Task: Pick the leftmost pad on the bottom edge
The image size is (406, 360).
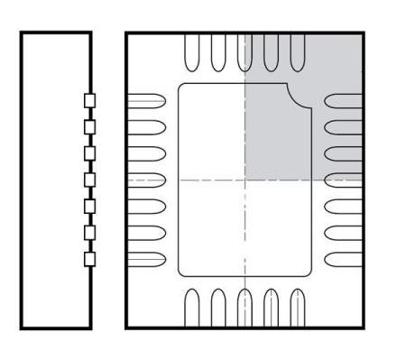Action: pyautogui.click(x=191, y=308)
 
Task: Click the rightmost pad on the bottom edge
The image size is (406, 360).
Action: pyautogui.click(x=296, y=308)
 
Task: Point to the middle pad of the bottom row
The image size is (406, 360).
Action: pyautogui.click(x=244, y=308)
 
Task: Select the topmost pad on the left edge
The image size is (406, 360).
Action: pyautogui.click(x=147, y=101)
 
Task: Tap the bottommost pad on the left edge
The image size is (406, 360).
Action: pyautogui.click(x=147, y=258)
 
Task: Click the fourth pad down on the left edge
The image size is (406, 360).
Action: pyautogui.click(x=147, y=180)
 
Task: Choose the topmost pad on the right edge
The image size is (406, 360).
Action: pyautogui.click(x=342, y=101)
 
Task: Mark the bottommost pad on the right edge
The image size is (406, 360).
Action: pyautogui.click(x=342, y=258)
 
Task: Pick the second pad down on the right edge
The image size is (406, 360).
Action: pyautogui.click(x=342, y=127)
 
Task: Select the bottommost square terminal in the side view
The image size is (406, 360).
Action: pyautogui.click(x=89, y=259)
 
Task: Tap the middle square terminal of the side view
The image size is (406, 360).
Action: pyautogui.click(x=89, y=180)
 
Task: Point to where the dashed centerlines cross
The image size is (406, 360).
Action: pyautogui.click(x=244, y=180)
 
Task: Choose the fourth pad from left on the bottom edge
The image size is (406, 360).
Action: pyautogui.click(x=270, y=308)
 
